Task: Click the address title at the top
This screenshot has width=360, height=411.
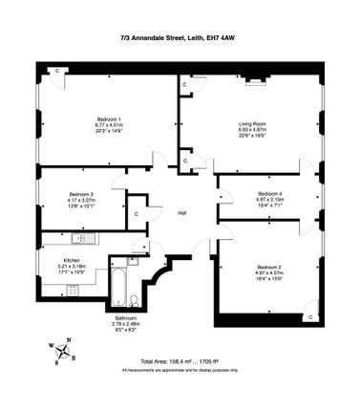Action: (x=180, y=38)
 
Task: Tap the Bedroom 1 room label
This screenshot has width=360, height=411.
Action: (x=107, y=117)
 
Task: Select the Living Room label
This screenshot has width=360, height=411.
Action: (x=253, y=124)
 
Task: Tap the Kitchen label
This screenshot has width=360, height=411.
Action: (x=72, y=260)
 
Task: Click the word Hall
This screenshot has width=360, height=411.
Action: (x=181, y=212)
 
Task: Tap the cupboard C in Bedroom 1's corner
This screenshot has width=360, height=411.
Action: (x=57, y=72)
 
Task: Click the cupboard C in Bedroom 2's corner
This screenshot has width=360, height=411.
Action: (x=310, y=316)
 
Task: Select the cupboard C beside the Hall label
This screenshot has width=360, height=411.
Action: (x=138, y=213)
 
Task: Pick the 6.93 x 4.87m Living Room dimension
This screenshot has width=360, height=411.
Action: (x=253, y=131)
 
